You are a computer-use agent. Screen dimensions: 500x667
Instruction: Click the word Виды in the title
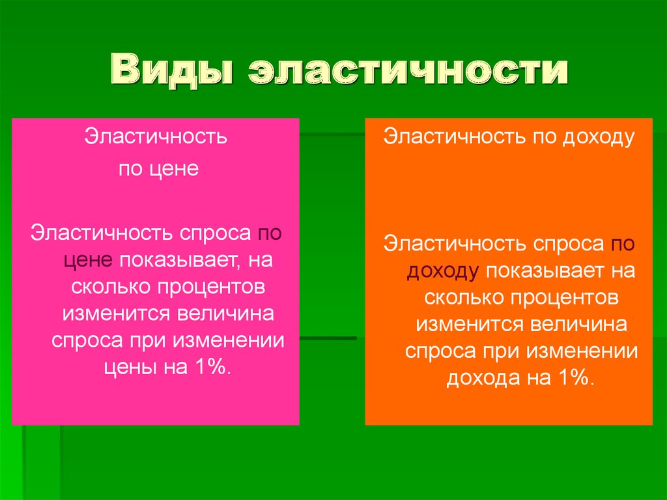pos(171,72)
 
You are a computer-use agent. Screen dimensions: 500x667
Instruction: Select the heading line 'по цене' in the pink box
pos(158,169)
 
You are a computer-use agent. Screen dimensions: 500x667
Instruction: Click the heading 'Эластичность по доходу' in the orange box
pos(509,138)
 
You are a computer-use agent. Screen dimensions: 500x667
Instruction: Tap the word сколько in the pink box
pos(111,287)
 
